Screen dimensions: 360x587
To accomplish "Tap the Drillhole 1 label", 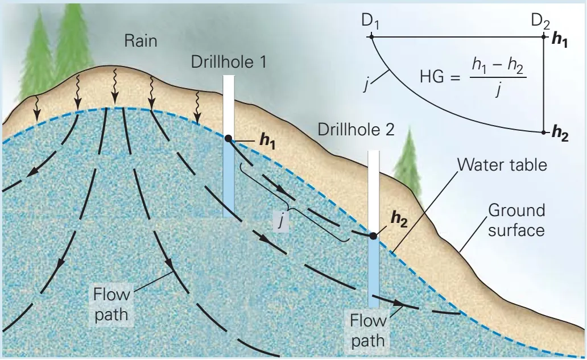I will pyautogui.click(x=229, y=61).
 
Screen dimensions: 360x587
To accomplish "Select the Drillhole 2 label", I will pyautogui.click(x=356, y=129).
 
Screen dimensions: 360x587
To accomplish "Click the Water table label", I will pyautogui.click(x=502, y=165).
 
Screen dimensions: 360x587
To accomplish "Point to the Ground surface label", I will pyautogui.click(x=516, y=220).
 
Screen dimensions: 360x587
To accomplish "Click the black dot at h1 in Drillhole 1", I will pyautogui.click(x=228, y=138).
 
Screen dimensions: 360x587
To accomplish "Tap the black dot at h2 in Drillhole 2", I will pyautogui.click(x=373, y=235).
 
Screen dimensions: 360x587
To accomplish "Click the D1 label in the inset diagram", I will pyautogui.click(x=370, y=22).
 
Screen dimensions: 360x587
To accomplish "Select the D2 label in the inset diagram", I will pyautogui.click(x=540, y=22).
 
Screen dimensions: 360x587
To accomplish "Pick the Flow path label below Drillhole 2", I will pyautogui.click(x=367, y=330).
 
